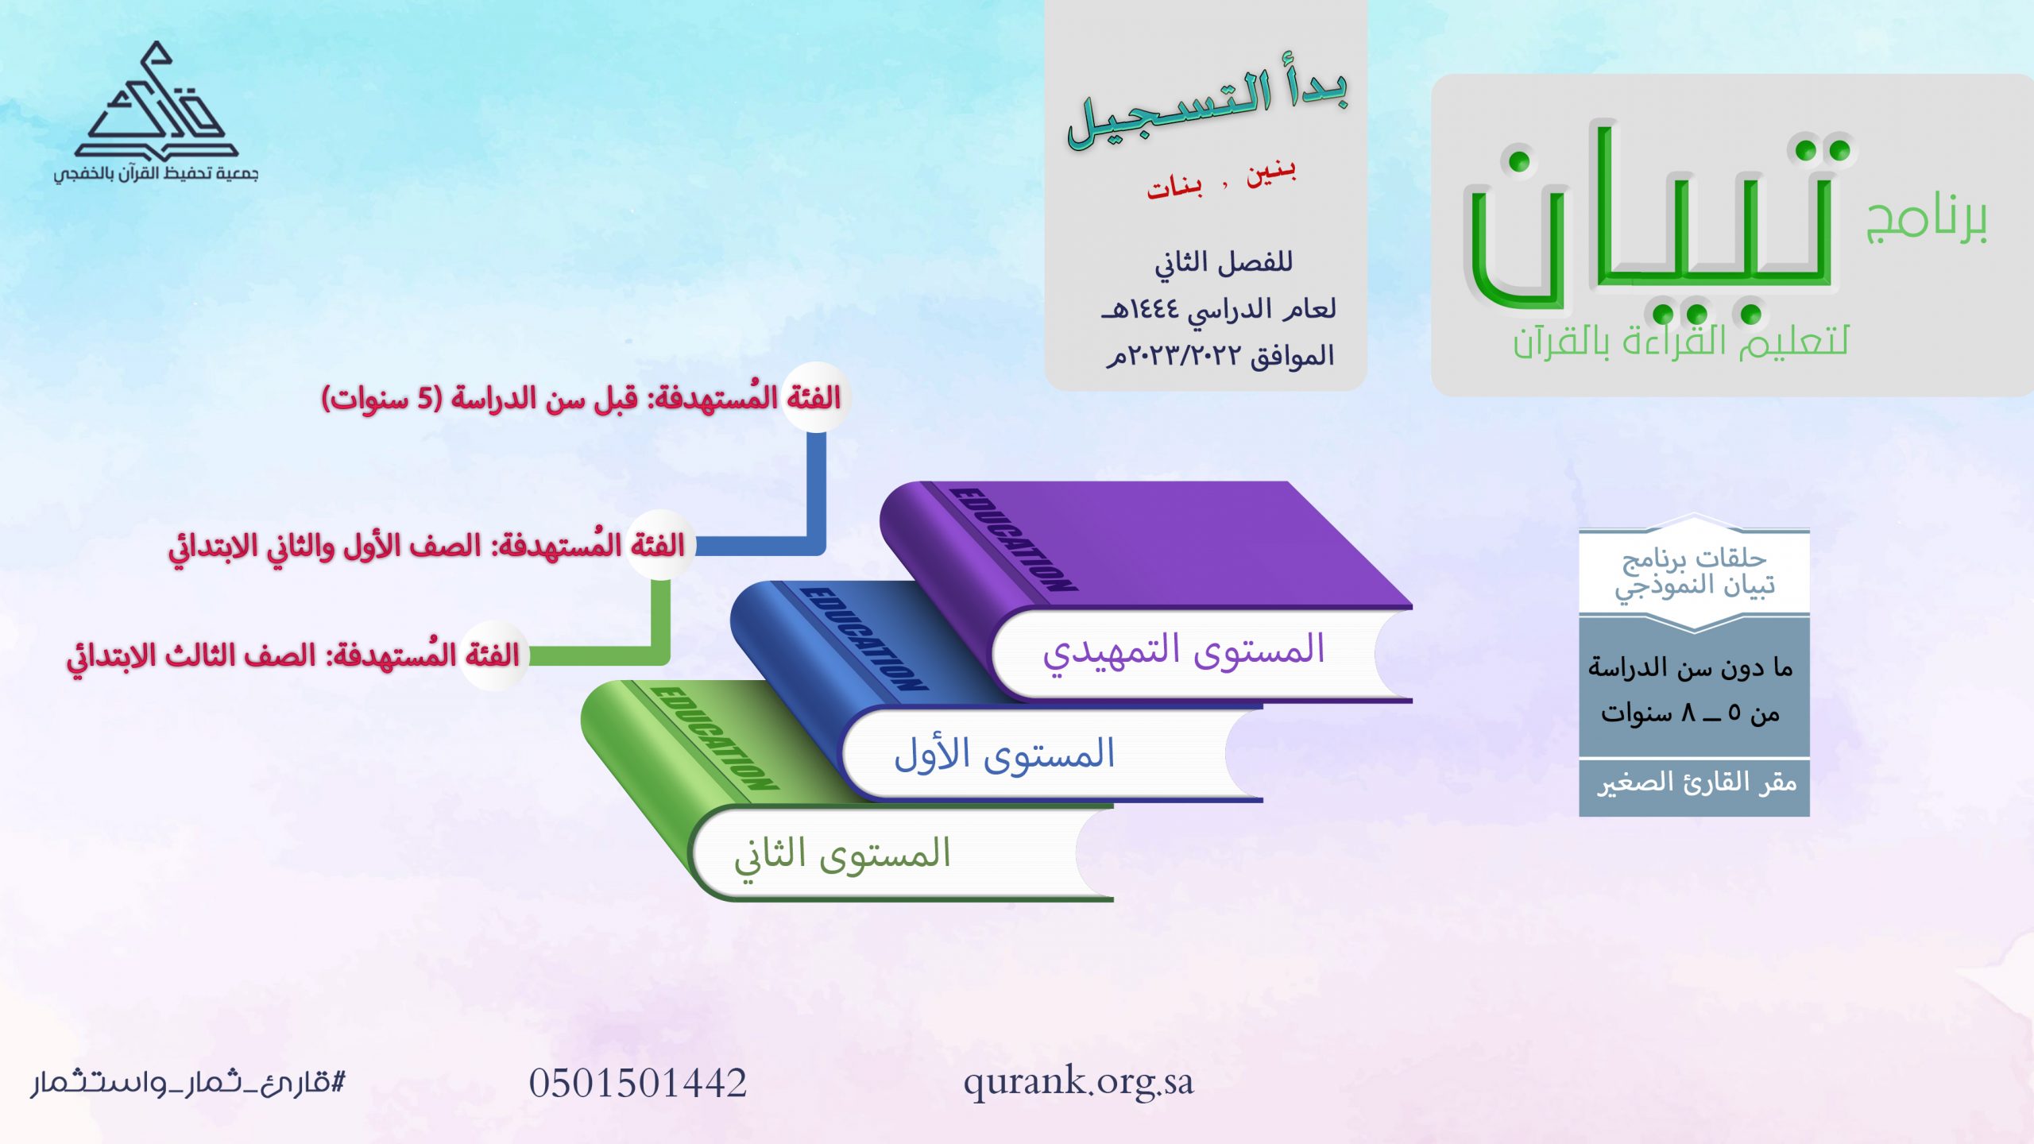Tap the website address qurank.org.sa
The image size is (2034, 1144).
[x=1078, y=1082]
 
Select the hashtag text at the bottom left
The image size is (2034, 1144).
[x=188, y=1083]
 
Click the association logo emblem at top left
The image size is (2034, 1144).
[x=157, y=101]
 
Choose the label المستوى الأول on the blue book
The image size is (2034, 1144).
[x=1004, y=754]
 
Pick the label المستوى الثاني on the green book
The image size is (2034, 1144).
[x=842, y=855]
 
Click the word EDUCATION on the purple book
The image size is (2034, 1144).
[x=1015, y=540]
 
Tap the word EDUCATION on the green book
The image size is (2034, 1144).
[x=715, y=738]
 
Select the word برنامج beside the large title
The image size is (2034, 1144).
[x=1926, y=220]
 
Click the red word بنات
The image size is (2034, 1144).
[x=1174, y=187]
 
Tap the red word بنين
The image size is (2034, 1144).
[x=1270, y=172]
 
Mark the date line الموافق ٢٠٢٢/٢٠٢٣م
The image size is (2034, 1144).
[x=1220, y=356]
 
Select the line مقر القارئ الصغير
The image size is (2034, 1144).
[x=1697, y=783]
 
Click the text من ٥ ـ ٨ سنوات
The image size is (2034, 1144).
[x=1691, y=713]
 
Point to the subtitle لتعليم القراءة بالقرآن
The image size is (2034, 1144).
[x=1681, y=342]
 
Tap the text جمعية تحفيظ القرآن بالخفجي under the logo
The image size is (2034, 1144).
[x=156, y=173]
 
